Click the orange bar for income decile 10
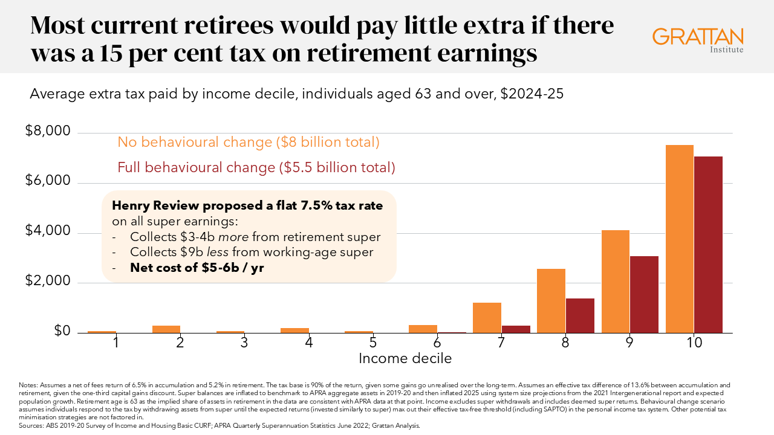click(679, 239)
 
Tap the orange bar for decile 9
click(616, 282)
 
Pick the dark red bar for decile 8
click(580, 315)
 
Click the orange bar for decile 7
click(487, 317)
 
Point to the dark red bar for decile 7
click(516, 329)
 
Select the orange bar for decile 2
click(166, 329)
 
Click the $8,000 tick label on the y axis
click(48, 132)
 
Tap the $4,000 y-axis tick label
click(48, 231)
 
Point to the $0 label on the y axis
click(62, 331)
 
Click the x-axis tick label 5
click(373, 343)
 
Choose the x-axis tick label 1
click(115, 343)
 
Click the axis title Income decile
click(405, 358)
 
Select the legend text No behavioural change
click(248, 142)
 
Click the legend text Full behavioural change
click(256, 167)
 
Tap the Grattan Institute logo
click(698, 39)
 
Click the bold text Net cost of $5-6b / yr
click(197, 268)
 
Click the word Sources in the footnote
click(30, 426)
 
